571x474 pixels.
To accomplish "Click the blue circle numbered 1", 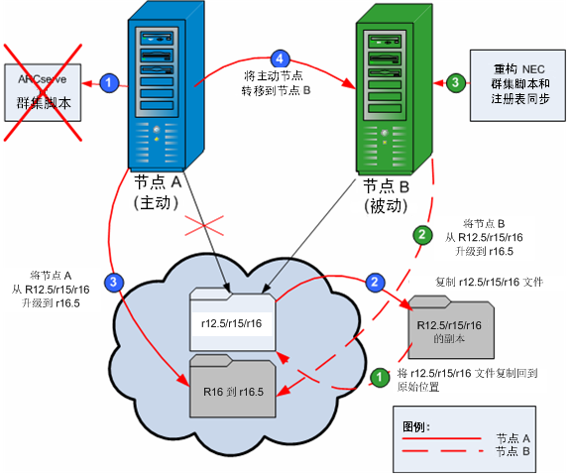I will tap(111, 78).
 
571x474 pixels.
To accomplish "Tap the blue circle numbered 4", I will tap(280, 59).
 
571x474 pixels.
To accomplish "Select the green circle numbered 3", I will tap(455, 83).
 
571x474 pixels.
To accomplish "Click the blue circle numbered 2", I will tap(375, 282).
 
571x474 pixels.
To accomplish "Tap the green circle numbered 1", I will tap(377, 377).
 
